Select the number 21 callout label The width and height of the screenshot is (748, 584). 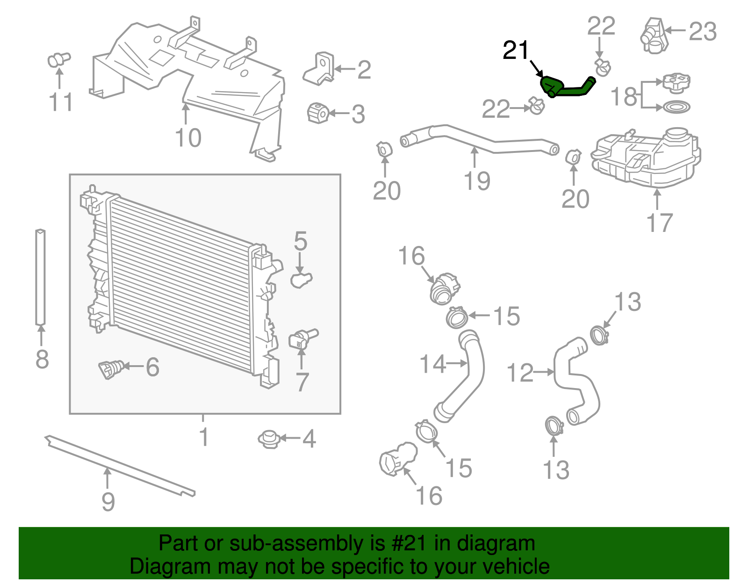coord(515,50)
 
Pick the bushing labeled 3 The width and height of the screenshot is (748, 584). coord(318,113)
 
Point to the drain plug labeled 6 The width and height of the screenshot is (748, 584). coord(110,369)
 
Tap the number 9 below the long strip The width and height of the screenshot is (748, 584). coord(108,502)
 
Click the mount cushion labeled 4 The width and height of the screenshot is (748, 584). coord(269,439)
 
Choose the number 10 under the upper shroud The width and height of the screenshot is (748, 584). coord(188,138)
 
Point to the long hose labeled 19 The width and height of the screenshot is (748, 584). coord(477,139)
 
